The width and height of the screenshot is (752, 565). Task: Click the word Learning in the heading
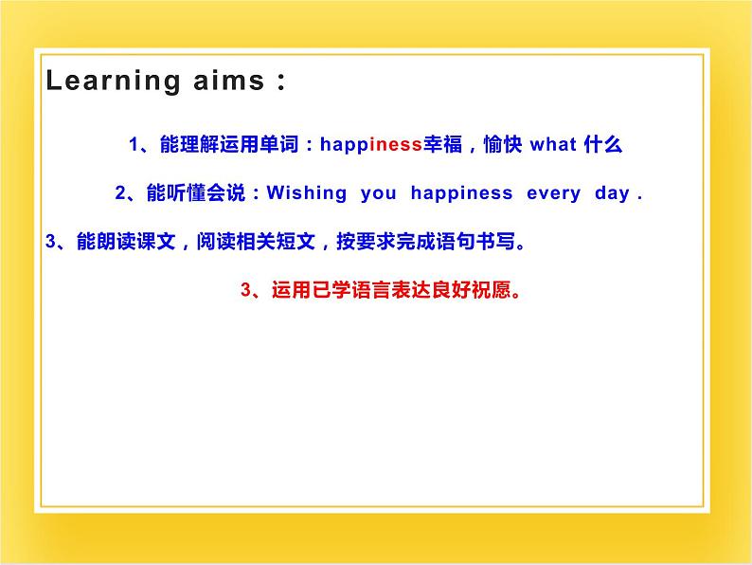113,82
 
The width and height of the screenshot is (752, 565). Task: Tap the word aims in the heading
229,81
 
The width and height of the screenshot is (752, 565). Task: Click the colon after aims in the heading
281,82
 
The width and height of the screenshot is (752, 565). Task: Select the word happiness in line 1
370,145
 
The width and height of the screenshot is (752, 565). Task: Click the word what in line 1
552,144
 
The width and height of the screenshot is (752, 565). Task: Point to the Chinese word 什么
603,144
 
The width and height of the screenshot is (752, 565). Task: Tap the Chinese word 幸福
442,144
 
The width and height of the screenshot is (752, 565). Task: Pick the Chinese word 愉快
503,144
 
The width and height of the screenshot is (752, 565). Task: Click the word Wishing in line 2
307,193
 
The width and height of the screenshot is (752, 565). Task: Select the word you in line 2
379,194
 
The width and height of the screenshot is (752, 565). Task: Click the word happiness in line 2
462,193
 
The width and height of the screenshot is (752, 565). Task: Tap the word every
553,194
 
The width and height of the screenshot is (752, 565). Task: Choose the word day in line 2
612,193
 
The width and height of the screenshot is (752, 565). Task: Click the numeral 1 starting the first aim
134,144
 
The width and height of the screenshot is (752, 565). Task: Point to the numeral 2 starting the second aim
120,193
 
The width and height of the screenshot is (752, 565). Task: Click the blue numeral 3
51,241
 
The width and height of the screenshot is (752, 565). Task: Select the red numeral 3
246,289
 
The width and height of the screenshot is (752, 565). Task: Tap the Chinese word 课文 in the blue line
156,241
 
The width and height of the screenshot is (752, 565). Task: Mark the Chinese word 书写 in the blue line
495,241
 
